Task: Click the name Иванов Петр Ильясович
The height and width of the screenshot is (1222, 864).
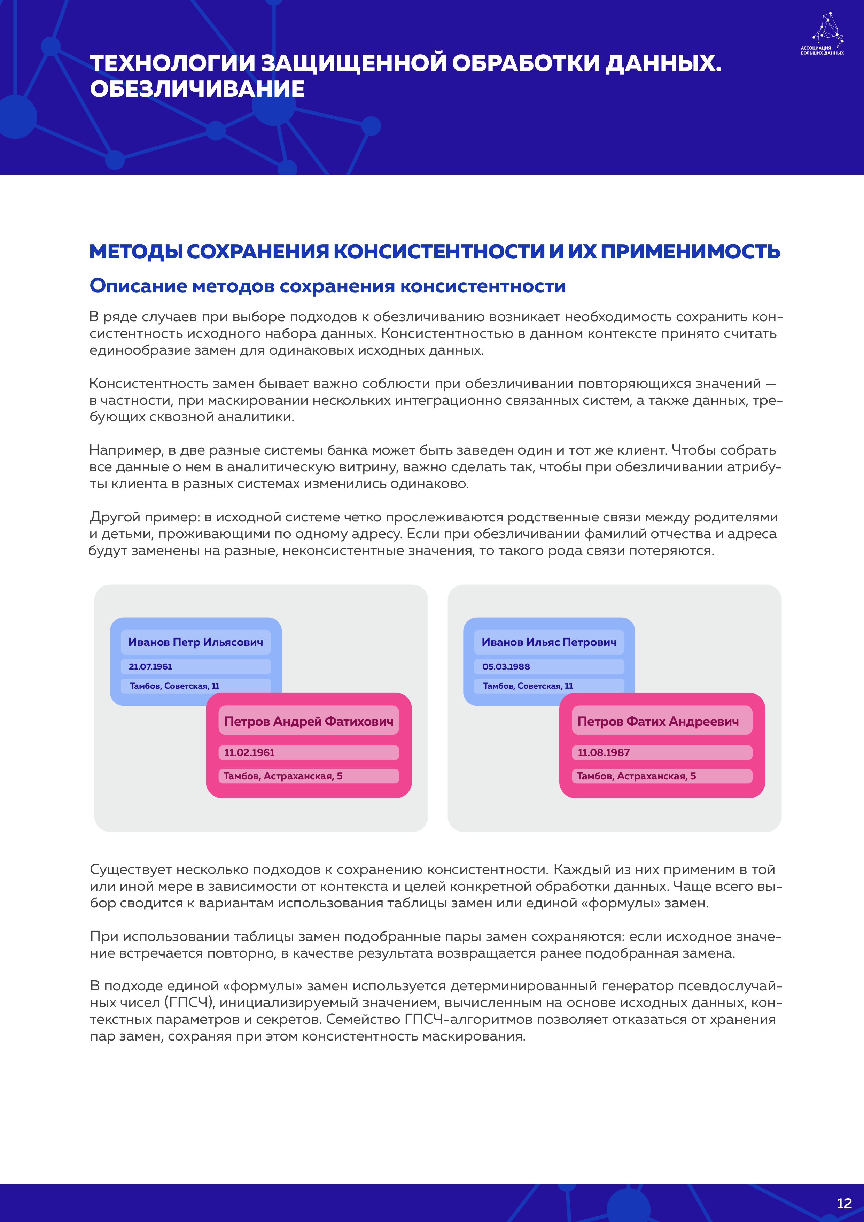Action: (195, 642)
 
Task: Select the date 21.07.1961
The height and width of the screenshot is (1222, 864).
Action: (150, 666)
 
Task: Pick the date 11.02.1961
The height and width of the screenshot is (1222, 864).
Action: (249, 752)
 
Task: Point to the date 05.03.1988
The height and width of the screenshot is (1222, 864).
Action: (506, 666)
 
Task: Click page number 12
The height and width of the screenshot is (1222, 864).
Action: (844, 1204)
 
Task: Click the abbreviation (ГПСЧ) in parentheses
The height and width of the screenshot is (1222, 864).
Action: (188, 1003)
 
